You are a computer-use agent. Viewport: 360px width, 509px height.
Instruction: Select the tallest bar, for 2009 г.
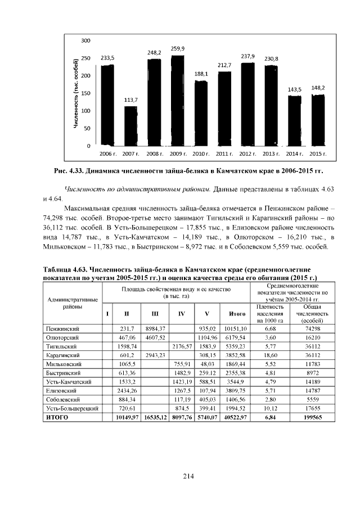(x=178, y=101)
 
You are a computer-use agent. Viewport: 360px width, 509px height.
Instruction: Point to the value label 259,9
(x=178, y=49)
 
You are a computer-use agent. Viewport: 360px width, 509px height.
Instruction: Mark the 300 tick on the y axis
(x=86, y=40)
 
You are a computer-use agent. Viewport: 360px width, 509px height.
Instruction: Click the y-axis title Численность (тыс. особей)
(x=75, y=93)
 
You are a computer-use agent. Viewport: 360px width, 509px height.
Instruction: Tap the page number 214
(x=187, y=476)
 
